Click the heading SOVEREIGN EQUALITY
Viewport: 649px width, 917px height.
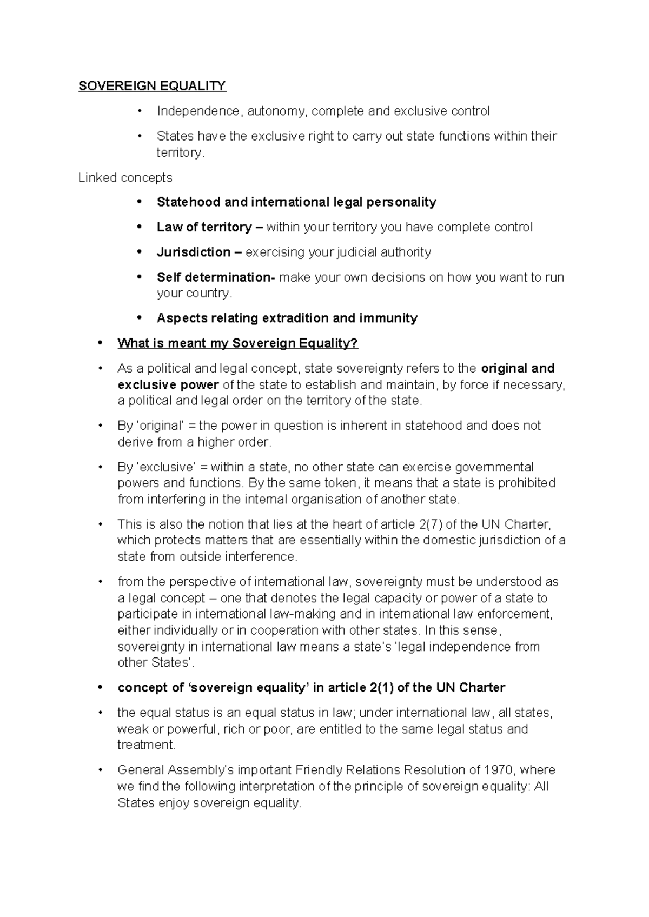(x=152, y=86)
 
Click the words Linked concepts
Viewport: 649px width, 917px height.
(x=125, y=177)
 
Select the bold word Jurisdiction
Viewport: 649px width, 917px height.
(x=193, y=252)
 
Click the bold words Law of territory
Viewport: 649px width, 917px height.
(x=204, y=227)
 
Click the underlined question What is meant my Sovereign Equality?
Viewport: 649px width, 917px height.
(x=237, y=343)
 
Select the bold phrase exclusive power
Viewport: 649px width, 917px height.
(x=168, y=385)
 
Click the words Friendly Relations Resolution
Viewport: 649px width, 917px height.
(x=366, y=770)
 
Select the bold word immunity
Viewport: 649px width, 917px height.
(x=388, y=318)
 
